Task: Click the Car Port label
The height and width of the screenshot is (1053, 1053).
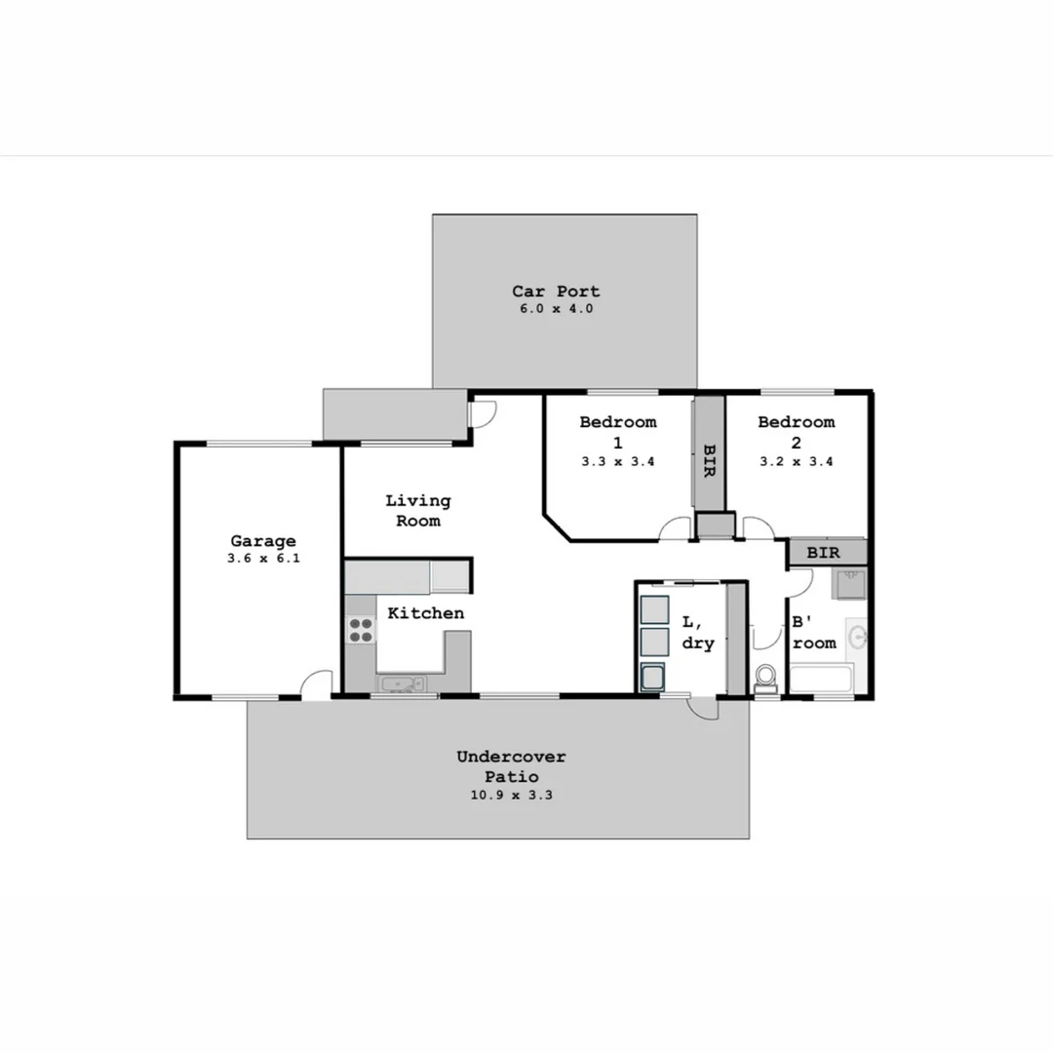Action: click(x=556, y=291)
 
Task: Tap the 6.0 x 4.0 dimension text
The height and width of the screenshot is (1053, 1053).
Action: click(x=556, y=309)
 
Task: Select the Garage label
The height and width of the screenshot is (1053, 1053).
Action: click(x=262, y=541)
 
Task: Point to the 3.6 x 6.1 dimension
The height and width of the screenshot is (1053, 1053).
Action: click(x=262, y=560)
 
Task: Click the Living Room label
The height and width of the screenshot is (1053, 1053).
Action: click(x=417, y=510)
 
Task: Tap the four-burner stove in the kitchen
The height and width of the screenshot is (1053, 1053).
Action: click(x=361, y=630)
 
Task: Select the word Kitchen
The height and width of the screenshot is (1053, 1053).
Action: click(x=425, y=613)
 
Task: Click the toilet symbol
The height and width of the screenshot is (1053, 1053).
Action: click(x=765, y=676)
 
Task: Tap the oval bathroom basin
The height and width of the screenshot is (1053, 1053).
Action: click(x=858, y=638)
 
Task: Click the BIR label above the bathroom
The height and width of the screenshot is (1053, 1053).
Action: click(x=823, y=553)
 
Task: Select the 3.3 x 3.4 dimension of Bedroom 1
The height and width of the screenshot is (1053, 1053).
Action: click(x=617, y=462)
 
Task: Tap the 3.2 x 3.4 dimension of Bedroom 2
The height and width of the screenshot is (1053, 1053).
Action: click(x=796, y=462)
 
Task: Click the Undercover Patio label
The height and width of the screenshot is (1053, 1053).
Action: click(x=511, y=766)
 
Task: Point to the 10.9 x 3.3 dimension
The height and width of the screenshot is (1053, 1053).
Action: click(x=511, y=795)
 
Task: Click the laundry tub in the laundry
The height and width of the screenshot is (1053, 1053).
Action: click(x=650, y=677)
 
